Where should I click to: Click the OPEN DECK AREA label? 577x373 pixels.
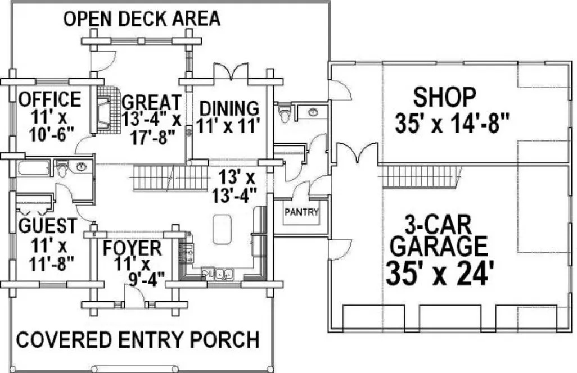(142, 19)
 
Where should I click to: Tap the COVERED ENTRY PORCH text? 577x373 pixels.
(138, 339)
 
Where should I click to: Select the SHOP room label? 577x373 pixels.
(445, 97)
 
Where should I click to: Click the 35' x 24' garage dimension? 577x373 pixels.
(440, 275)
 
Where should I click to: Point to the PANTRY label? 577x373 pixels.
(301, 213)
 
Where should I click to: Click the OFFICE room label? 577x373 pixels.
(50, 99)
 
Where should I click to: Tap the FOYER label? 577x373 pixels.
(132, 247)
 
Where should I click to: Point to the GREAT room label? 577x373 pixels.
(151, 103)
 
